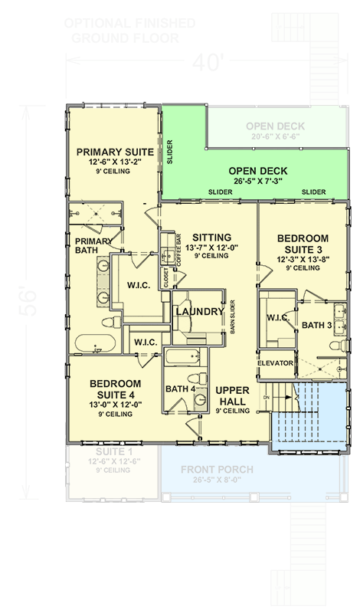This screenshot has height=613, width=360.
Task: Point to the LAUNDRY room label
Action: pos(198,312)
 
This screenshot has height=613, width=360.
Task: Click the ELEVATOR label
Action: pos(275,362)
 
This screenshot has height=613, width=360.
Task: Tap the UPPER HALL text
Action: pos(234,395)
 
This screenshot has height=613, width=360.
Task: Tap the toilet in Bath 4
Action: pos(199,379)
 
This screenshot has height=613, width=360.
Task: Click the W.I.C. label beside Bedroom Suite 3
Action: pos(276,316)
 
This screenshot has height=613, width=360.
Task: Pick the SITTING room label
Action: pos(212,237)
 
